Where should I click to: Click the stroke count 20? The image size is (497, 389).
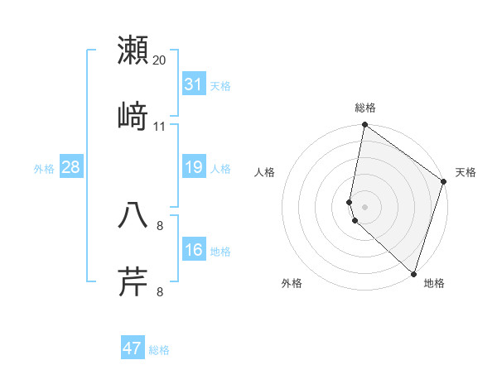point(160,60)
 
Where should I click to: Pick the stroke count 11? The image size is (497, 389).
point(160,127)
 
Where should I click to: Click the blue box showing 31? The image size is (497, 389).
point(193,84)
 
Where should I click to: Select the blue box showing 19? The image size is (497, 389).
point(193,168)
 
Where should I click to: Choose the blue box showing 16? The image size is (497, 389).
point(193,250)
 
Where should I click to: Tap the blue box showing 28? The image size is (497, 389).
point(70,168)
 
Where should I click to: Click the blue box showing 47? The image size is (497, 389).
point(133,348)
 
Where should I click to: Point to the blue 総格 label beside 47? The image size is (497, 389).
point(159,350)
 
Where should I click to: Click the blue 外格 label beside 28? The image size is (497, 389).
point(44,169)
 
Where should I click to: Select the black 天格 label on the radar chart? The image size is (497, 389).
point(466,172)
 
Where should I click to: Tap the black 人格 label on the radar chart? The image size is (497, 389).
point(265,172)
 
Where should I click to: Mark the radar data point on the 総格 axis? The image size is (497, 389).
point(364,126)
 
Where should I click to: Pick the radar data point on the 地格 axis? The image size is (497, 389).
point(413,273)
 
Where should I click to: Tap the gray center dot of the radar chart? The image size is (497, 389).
point(364,206)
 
